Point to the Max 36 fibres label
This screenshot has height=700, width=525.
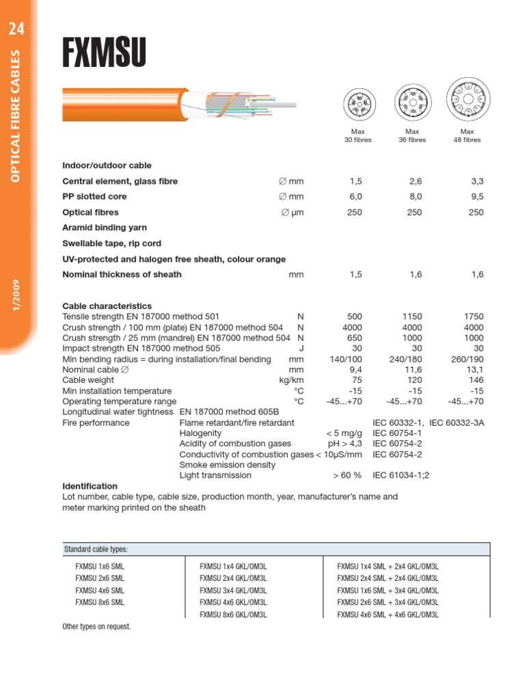tap(412, 135)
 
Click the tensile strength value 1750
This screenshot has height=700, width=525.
tap(473, 317)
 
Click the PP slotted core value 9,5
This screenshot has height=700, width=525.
tap(476, 196)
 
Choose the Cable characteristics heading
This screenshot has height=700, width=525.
tap(107, 306)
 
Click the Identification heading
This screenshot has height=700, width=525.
tap(90, 486)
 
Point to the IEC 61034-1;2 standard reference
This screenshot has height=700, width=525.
tap(401, 475)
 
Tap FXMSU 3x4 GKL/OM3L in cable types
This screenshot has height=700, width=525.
tap(232, 591)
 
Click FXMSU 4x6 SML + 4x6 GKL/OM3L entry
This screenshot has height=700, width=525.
tap(388, 615)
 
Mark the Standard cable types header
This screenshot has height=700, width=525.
tap(96, 550)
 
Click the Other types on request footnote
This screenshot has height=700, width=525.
tap(96, 627)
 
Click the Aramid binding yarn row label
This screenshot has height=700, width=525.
tap(105, 228)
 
